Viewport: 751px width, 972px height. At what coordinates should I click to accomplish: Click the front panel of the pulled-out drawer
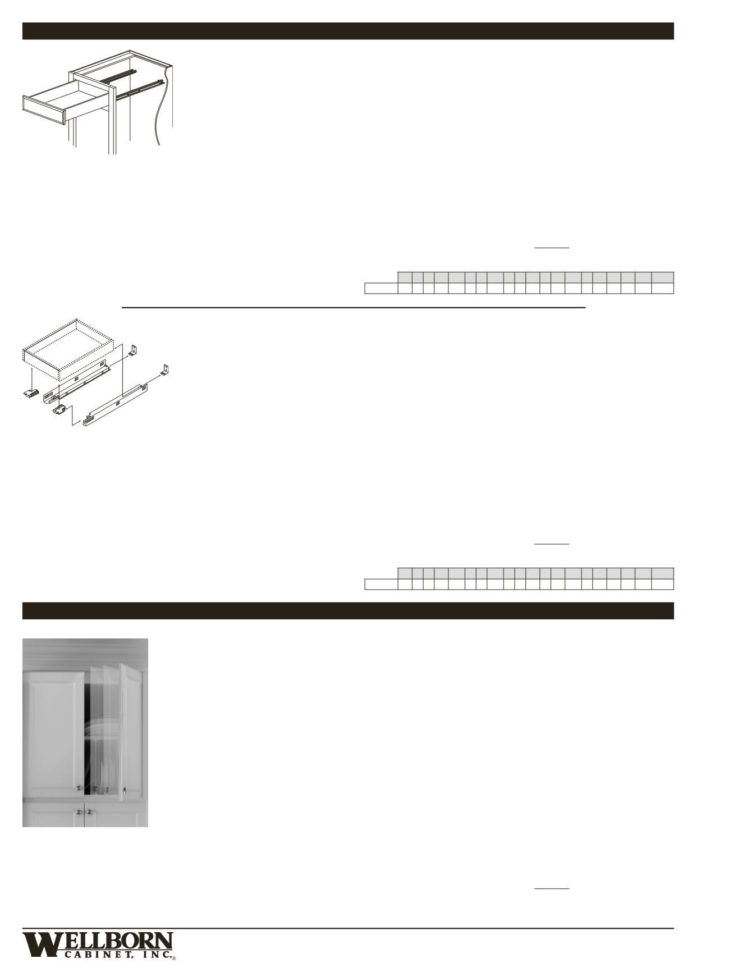tap(44, 110)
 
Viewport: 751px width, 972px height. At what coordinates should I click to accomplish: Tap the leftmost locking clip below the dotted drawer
tap(30, 394)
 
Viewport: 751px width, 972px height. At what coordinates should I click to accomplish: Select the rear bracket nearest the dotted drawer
tap(134, 350)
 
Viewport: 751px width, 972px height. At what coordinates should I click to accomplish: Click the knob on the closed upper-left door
tap(79, 790)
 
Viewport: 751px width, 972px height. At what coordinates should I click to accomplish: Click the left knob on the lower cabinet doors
tap(79, 812)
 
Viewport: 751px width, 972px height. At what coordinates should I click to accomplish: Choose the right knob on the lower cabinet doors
tap(89, 812)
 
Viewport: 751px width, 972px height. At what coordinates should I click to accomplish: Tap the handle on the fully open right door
tap(124, 790)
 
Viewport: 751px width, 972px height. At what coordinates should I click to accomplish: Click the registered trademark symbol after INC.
tap(174, 959)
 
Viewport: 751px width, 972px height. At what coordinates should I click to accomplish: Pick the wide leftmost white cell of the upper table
tap(381, 289)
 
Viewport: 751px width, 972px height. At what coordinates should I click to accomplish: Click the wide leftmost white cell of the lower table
tap(381, 585)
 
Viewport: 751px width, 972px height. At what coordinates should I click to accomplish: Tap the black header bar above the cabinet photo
tap(347, 611)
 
